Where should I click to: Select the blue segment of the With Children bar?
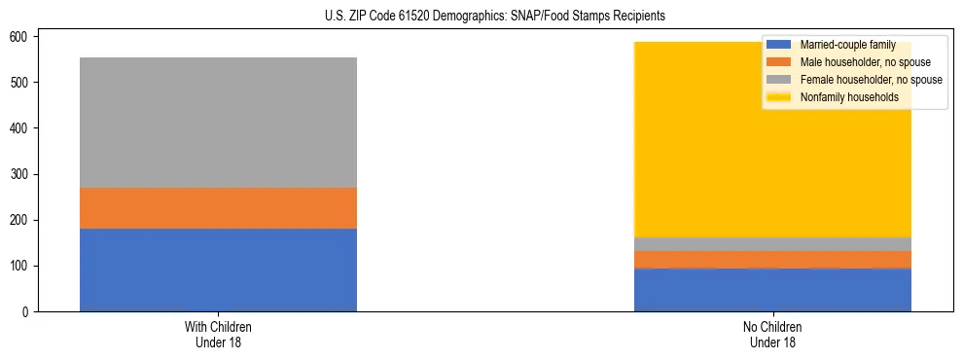click(218, 270)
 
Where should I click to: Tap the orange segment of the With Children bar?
click(218, 207)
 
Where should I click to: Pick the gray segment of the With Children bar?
click(218, 123)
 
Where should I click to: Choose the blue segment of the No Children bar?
click(772, 290)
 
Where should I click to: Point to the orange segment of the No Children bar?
click(772, 259)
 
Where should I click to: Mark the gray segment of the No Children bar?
click(772, 244)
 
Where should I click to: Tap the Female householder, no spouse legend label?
click(871, 80)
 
